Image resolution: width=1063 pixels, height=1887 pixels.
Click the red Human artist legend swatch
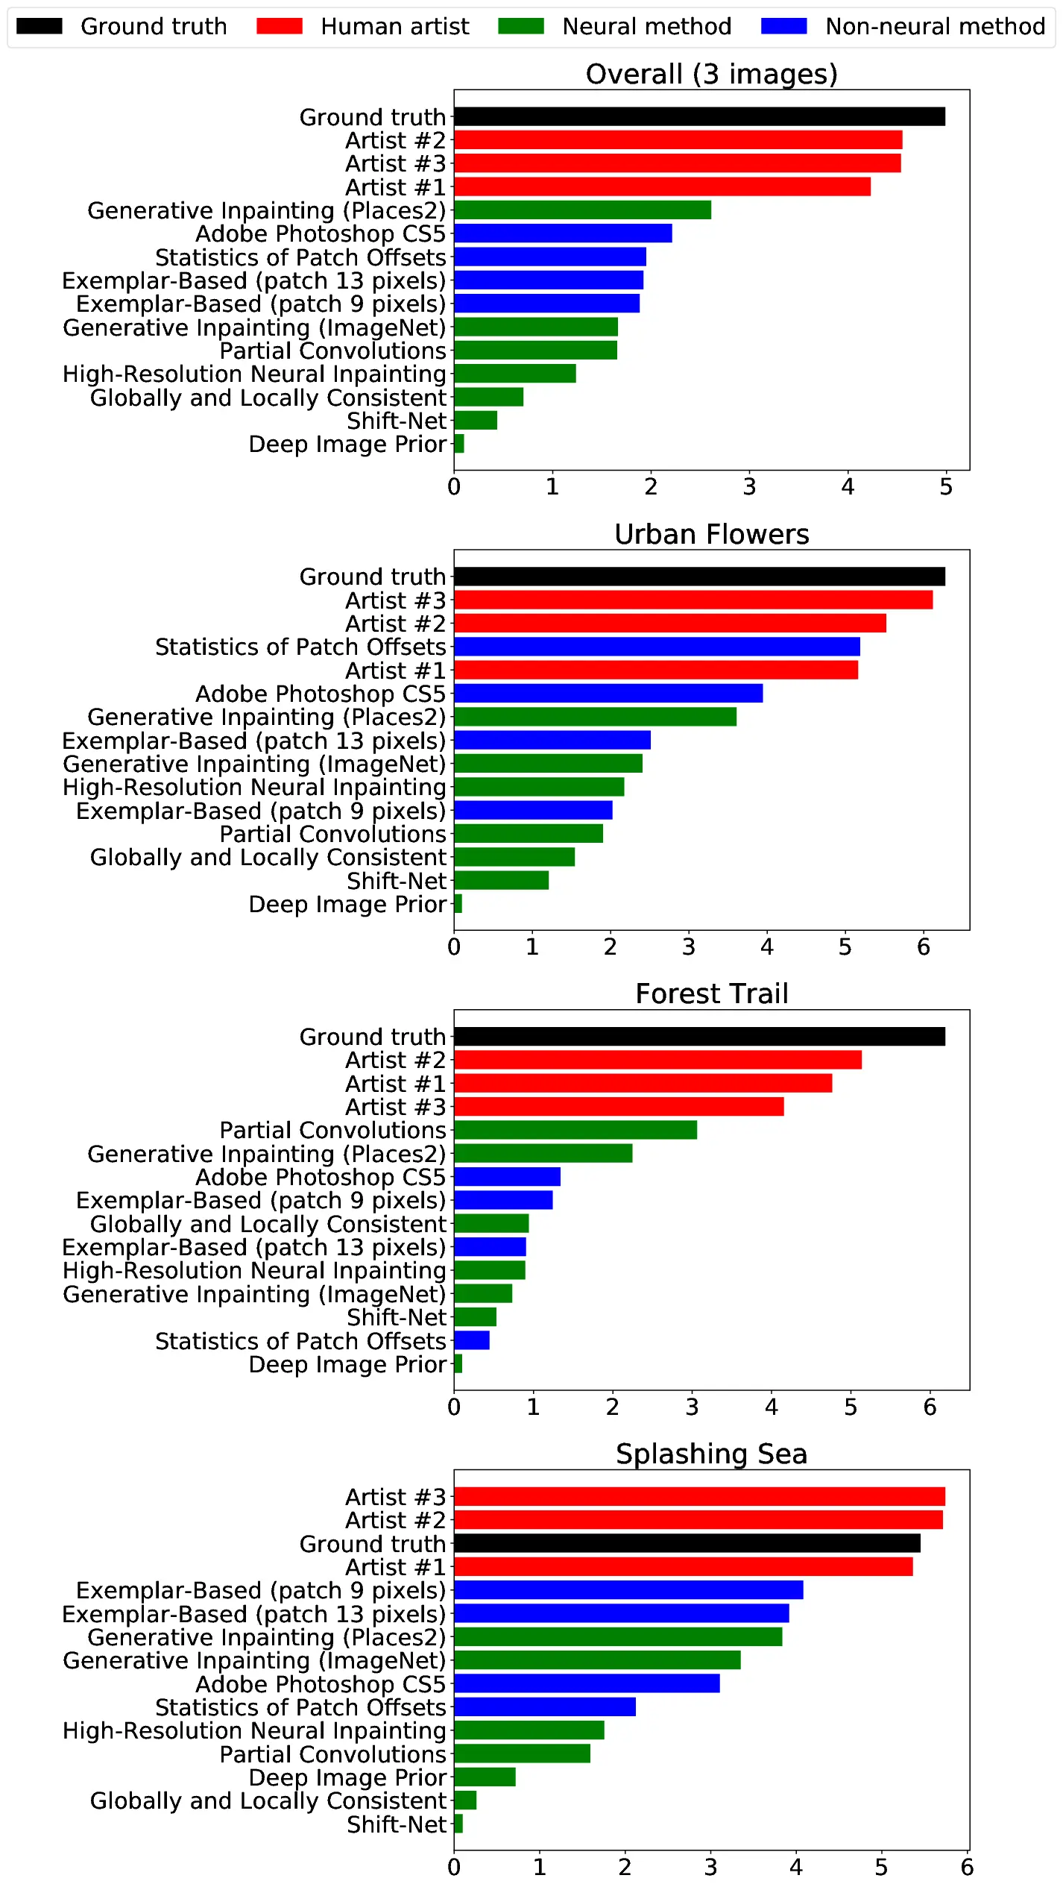[x=279, y=26]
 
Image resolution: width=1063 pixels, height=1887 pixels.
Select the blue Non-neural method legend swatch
[x=783, y=26]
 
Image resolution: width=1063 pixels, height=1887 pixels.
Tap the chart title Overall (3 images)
[x=711, y=74]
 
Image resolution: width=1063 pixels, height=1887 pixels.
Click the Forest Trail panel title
[x=711, y=993]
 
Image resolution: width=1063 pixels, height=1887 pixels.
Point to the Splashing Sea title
[x=711, y=1454]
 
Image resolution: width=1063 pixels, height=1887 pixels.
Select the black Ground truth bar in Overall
[x=699, y=116]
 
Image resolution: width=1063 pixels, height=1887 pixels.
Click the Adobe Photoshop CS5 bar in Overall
[x=563, y=233]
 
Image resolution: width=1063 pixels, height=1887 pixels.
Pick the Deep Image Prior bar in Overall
[x=459, y=444]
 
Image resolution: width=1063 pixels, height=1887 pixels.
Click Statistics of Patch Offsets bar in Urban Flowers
[x=656, y=647]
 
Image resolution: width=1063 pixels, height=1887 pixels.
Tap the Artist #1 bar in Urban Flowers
[x=655, y=670]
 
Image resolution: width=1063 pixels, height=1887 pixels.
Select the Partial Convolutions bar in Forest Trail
[x=575, y=1130]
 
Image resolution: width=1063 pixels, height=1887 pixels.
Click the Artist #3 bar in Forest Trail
[x=619, y=1107]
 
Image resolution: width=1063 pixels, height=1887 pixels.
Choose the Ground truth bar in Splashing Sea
[x=687, y=1543]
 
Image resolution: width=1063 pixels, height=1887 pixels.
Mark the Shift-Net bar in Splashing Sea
[x=458, y=1824]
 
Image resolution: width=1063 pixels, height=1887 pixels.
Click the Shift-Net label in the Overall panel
[x=396, y=421]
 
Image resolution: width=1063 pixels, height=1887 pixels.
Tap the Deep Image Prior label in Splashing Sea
[x=347, y=1777]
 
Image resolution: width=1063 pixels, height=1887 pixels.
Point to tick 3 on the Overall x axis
[x=749, y=487]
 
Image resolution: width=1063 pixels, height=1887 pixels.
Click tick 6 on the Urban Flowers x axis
[x=923, y=947]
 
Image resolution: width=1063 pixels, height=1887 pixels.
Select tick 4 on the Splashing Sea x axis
[x=795, y=1868]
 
